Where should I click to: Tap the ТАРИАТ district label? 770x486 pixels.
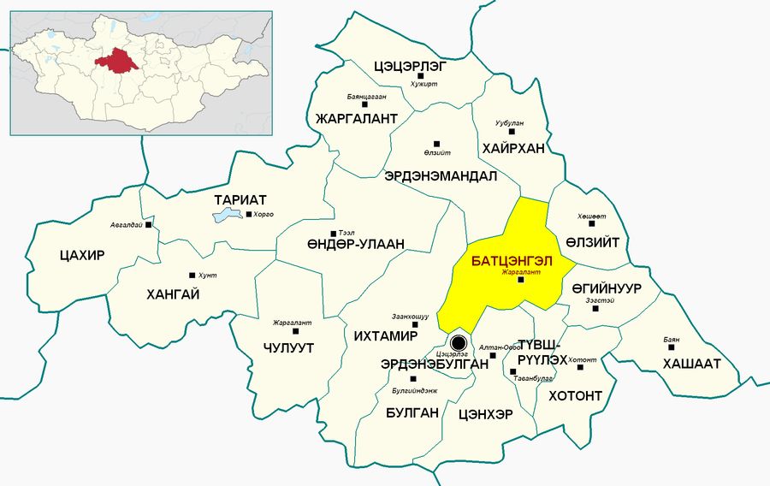pyautogui.click(x=235, y=199)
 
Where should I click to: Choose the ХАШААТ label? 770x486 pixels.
pyautogui.click(x=690, y=363)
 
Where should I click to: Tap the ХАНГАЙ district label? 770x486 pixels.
pyautogui.click(x=174, y=294)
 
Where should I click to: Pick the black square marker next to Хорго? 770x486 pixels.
pyautogui.click(x=249, y=215)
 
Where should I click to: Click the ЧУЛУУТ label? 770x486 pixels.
pyautogui.click(x=289, y=348)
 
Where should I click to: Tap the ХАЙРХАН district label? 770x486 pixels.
pyautogui.click(x=513, y=148)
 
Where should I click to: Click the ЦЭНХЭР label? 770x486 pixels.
pyautogui.click(x=486, y=414)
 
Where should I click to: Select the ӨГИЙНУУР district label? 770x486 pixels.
pyautogui.click(x=606, y=287)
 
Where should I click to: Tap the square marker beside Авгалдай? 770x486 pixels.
pyautogui.click(x=149, y=225)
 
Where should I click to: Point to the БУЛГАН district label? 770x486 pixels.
pyautogui.click(x=412, y=412)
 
